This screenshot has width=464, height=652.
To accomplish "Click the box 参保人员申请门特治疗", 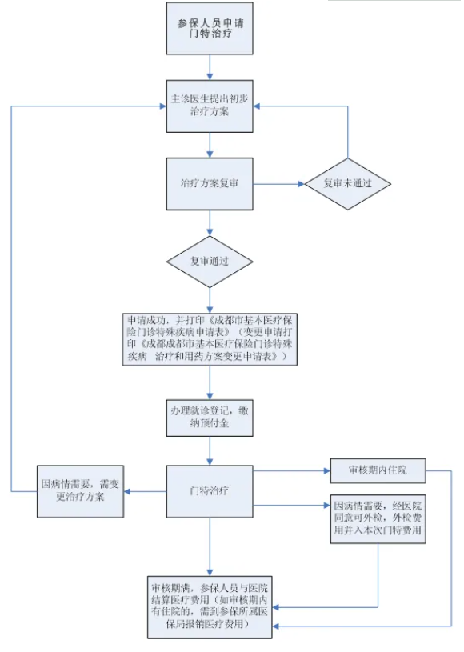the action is (x=210, y=28).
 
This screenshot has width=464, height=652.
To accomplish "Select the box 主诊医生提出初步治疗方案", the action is (x=210, y=106).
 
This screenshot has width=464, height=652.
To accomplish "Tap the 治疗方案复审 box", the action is (x=210, y=184).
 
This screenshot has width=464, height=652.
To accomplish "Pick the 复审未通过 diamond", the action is (x=347, y=184).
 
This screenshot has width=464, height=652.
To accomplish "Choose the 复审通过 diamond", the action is (x=210, y=262).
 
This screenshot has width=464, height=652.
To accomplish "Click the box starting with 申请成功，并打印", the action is (x=210, y=339).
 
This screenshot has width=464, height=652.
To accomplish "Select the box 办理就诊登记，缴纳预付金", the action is (x=210, y=418).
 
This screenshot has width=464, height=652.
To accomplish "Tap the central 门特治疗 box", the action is (x=210, y=491).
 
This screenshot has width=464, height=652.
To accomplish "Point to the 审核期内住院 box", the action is (x=378, y=470).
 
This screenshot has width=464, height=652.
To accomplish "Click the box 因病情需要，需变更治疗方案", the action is (x=80, y=491).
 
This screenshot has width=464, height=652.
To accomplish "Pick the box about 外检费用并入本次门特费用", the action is (x=378, y=518).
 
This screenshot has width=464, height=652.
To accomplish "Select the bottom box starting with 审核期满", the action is (x=210, y=607).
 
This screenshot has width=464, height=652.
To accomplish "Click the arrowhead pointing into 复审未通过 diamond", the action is (x=302, y=184).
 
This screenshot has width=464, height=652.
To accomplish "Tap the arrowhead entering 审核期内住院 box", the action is (x=326, y=470).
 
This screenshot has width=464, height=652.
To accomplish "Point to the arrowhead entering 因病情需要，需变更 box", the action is (x=128, y=491).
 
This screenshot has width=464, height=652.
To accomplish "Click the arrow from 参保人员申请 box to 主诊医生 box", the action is (x=210, y=67).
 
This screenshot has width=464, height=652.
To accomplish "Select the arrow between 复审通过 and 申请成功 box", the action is (x=210, y=301).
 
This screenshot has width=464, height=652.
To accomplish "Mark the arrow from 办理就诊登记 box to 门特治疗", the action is (x=210, y=451).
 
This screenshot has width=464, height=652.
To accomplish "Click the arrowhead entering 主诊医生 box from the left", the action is (x=162, y=106).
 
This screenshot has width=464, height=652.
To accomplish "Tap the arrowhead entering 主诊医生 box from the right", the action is (x=257, y=106).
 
